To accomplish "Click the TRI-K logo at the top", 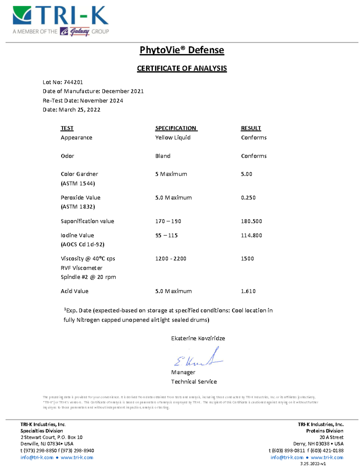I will coord(61,16).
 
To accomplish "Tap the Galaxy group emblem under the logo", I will coord(75,31).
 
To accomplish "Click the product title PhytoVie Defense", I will coord(182,50).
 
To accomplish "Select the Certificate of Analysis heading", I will coord(182,68).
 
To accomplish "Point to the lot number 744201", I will coord(73,82).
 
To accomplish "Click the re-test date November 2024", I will coord(102,101).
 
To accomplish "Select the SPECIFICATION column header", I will coord(176,128).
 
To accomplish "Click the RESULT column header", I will coord(251,128).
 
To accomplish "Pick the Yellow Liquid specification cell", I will coord(173,137).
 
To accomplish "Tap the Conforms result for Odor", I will coord(254,156).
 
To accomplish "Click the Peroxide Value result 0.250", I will coord(248,198).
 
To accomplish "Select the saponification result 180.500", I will coord(251,221).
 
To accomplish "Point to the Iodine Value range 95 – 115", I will coord(167,235).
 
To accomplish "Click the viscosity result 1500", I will coord(248,259).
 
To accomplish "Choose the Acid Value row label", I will coord(75,291).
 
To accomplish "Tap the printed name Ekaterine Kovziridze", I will coord(198,338).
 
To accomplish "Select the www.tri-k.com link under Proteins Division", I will coord(327,457).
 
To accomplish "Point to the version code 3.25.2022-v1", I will coord(313,464).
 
